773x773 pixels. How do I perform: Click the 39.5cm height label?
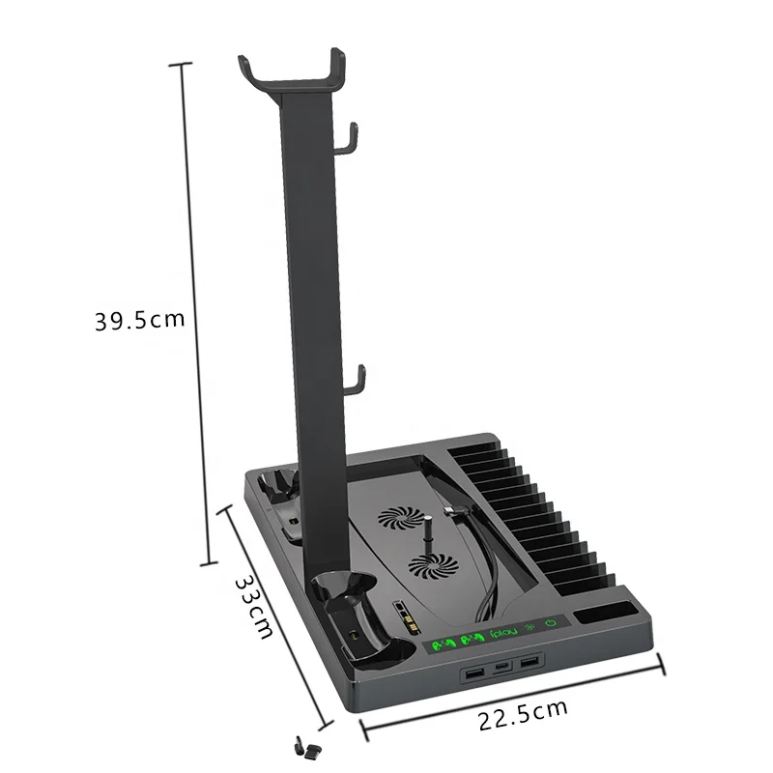tap(138, 321)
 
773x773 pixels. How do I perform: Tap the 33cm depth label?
tap(253, 606)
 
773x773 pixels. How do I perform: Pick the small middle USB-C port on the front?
tap(501, 669)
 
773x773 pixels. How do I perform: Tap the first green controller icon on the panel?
tap(440, 644)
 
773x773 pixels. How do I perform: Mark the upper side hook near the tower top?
tap(350, 138)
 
